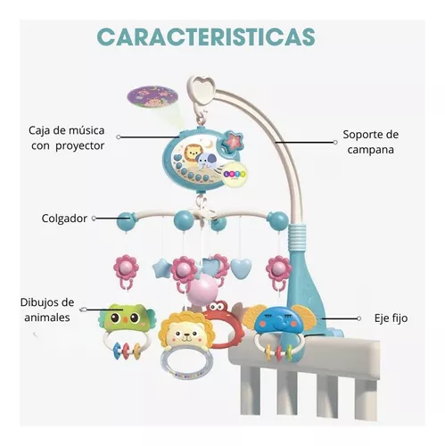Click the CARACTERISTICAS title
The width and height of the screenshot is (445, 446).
[206, 37]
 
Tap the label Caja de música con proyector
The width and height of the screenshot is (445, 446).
[67, 138]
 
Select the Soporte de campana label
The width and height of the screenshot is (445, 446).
[370, 142]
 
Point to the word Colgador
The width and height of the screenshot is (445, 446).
[64, 219]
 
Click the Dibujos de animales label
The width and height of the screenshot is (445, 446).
[47, 310]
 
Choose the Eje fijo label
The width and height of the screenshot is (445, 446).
[391, 318]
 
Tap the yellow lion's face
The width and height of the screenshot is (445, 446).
[185, 332]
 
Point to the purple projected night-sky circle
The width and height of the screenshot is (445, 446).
[152, 96]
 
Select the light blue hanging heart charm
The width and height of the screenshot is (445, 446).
[241, 267]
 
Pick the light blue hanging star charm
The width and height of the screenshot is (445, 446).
[161, 268]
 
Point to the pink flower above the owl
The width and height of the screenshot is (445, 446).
[126, 267]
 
